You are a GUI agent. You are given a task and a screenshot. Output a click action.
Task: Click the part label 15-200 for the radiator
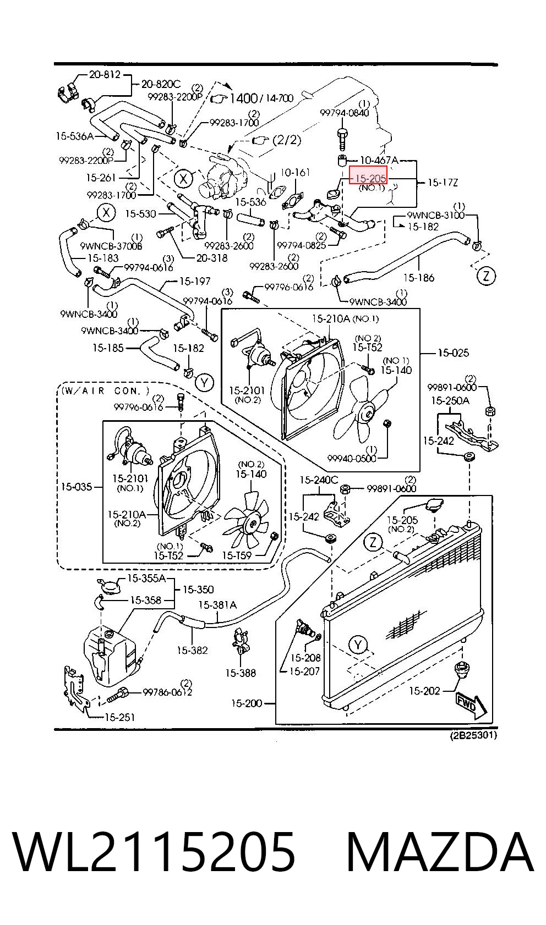tap(247, 703)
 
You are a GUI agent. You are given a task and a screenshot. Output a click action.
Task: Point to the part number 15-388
tap(241, 673)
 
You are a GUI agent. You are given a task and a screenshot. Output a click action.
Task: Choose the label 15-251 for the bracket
tap(120, 717)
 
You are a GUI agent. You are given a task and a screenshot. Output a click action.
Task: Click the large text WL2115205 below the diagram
tap(154, 851)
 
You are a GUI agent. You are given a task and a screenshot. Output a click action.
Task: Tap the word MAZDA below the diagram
tap(439, 851)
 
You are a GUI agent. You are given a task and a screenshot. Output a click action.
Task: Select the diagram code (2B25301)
tap(473, 735)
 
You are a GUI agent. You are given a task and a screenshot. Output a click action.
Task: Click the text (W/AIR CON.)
tap(105, 390)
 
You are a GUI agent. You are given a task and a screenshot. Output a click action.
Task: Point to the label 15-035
tap(77, 487)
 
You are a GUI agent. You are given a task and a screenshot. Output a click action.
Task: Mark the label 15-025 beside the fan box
tap(454, 353)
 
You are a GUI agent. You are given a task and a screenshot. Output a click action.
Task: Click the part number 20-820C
tap(161, 84)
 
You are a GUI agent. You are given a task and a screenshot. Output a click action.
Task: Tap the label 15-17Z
tap(443, 182)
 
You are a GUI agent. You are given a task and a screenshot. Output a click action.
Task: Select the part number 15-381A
tap(217, 605)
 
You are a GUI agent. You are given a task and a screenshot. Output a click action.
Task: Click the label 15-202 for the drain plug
tap(424, 690)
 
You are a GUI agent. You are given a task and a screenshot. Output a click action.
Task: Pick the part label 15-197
tap(195, 281)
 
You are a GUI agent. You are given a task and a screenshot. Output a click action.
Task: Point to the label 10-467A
tap(379, 160)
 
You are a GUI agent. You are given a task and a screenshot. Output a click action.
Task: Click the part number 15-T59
tap(237, 555)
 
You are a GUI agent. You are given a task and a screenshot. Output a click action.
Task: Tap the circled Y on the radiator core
tap(358, 645)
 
